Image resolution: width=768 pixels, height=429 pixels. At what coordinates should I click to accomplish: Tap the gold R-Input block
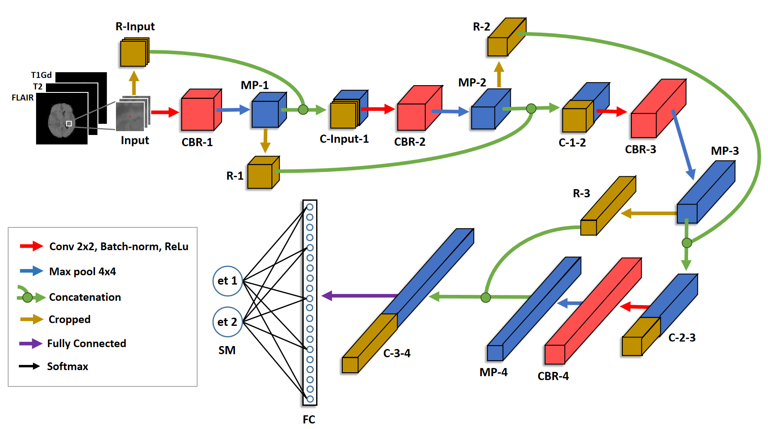click(x=134, y=53)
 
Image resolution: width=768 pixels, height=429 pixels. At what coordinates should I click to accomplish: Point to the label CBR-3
click(x=640, y=150)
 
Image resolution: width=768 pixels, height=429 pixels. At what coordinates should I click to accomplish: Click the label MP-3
click(x=725, y=151)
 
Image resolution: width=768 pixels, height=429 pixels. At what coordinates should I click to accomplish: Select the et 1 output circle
click(x=228, y=281)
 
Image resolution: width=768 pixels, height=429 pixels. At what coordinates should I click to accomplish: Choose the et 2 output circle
click(x=228, y=322)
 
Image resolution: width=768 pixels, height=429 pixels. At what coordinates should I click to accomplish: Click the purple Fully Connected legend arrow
click(x=30, y=343)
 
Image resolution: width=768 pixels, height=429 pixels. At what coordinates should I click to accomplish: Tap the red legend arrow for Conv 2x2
click(x=31, y=246)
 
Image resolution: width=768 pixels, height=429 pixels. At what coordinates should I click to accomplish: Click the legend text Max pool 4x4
click(x=82, y=272)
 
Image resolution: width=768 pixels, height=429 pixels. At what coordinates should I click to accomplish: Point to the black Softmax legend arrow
click(x=29, y=366)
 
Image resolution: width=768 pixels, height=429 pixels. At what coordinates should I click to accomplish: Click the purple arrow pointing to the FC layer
click(x=359, y=296)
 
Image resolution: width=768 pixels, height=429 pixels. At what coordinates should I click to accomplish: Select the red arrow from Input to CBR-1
click(x=165, y=112)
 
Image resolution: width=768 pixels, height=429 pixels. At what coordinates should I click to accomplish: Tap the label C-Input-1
click(x=344, y=139)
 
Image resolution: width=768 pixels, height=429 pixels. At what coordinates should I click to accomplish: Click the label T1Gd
click(x=41, y=75)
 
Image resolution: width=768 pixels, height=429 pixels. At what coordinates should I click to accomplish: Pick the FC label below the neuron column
click(x=309, y=420)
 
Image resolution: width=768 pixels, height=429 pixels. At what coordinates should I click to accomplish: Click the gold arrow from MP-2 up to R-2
click(x=499, y=74)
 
